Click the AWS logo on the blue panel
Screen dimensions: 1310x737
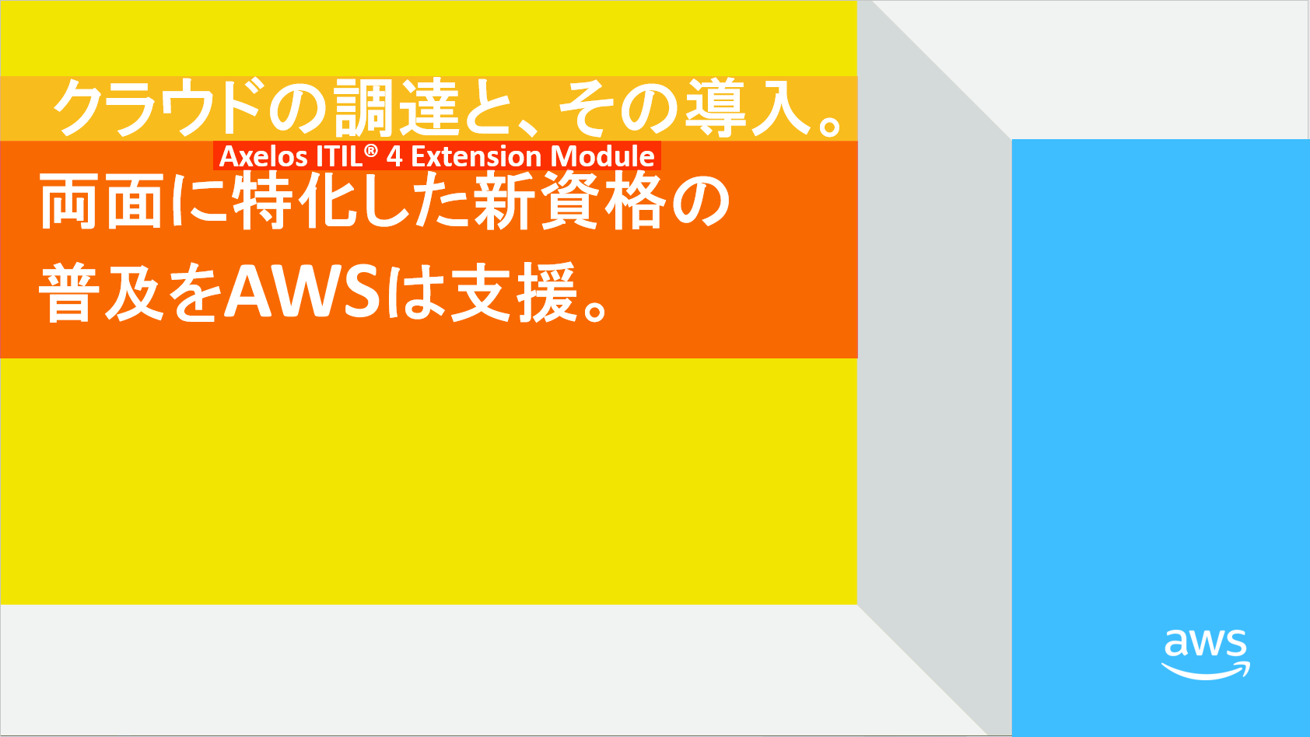[1205, 655]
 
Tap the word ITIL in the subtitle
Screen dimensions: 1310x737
[339, 156]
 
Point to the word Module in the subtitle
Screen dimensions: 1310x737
[602, 156]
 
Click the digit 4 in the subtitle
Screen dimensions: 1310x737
[394, 156]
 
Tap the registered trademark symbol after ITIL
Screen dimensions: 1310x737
[371, 151]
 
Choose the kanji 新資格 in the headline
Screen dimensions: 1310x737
[570, 201]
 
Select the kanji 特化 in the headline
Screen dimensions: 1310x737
[296, 201]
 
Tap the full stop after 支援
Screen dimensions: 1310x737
[597, 309]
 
